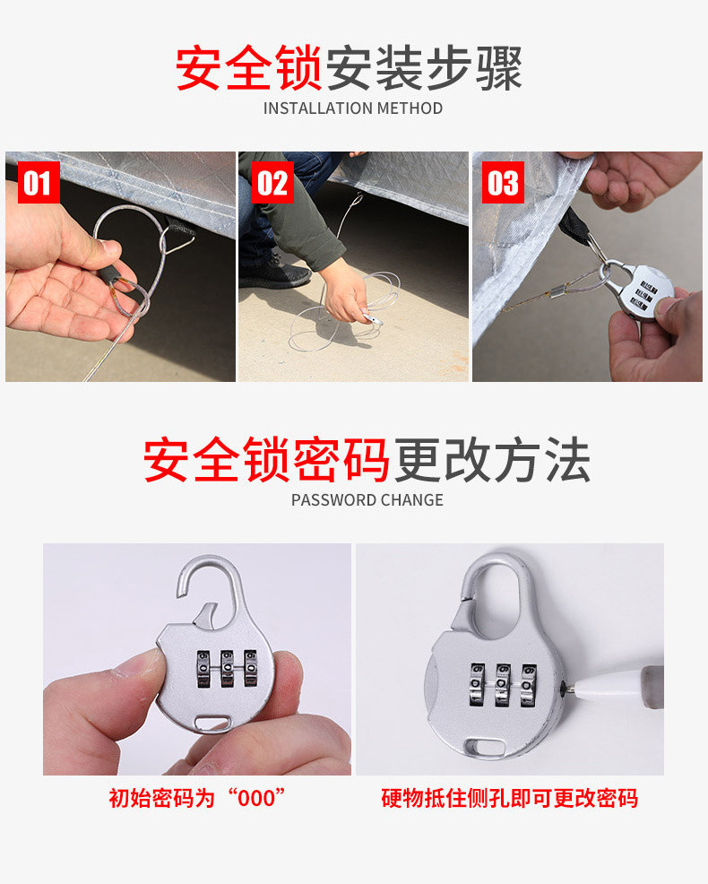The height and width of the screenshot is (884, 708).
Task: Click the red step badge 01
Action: click(x=38, y=184)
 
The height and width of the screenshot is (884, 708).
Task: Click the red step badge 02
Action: click(x=272, y=184)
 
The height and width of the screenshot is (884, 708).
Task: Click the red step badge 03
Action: click(x=503, y=184)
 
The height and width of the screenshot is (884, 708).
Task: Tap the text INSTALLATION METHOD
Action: click(x=353, y=108)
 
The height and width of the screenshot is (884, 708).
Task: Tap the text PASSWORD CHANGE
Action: click(x=367, y=500)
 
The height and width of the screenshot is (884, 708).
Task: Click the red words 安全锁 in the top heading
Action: click(x=248, y=68)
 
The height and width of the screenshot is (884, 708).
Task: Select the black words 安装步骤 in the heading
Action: click(x=424, y=68)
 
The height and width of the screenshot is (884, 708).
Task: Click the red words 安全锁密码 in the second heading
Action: click(x=266, y=461)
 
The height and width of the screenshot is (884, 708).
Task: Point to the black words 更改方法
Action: click(x=492, y=461)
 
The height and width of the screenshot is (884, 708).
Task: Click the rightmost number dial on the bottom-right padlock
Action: click(x=529, y=689)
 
